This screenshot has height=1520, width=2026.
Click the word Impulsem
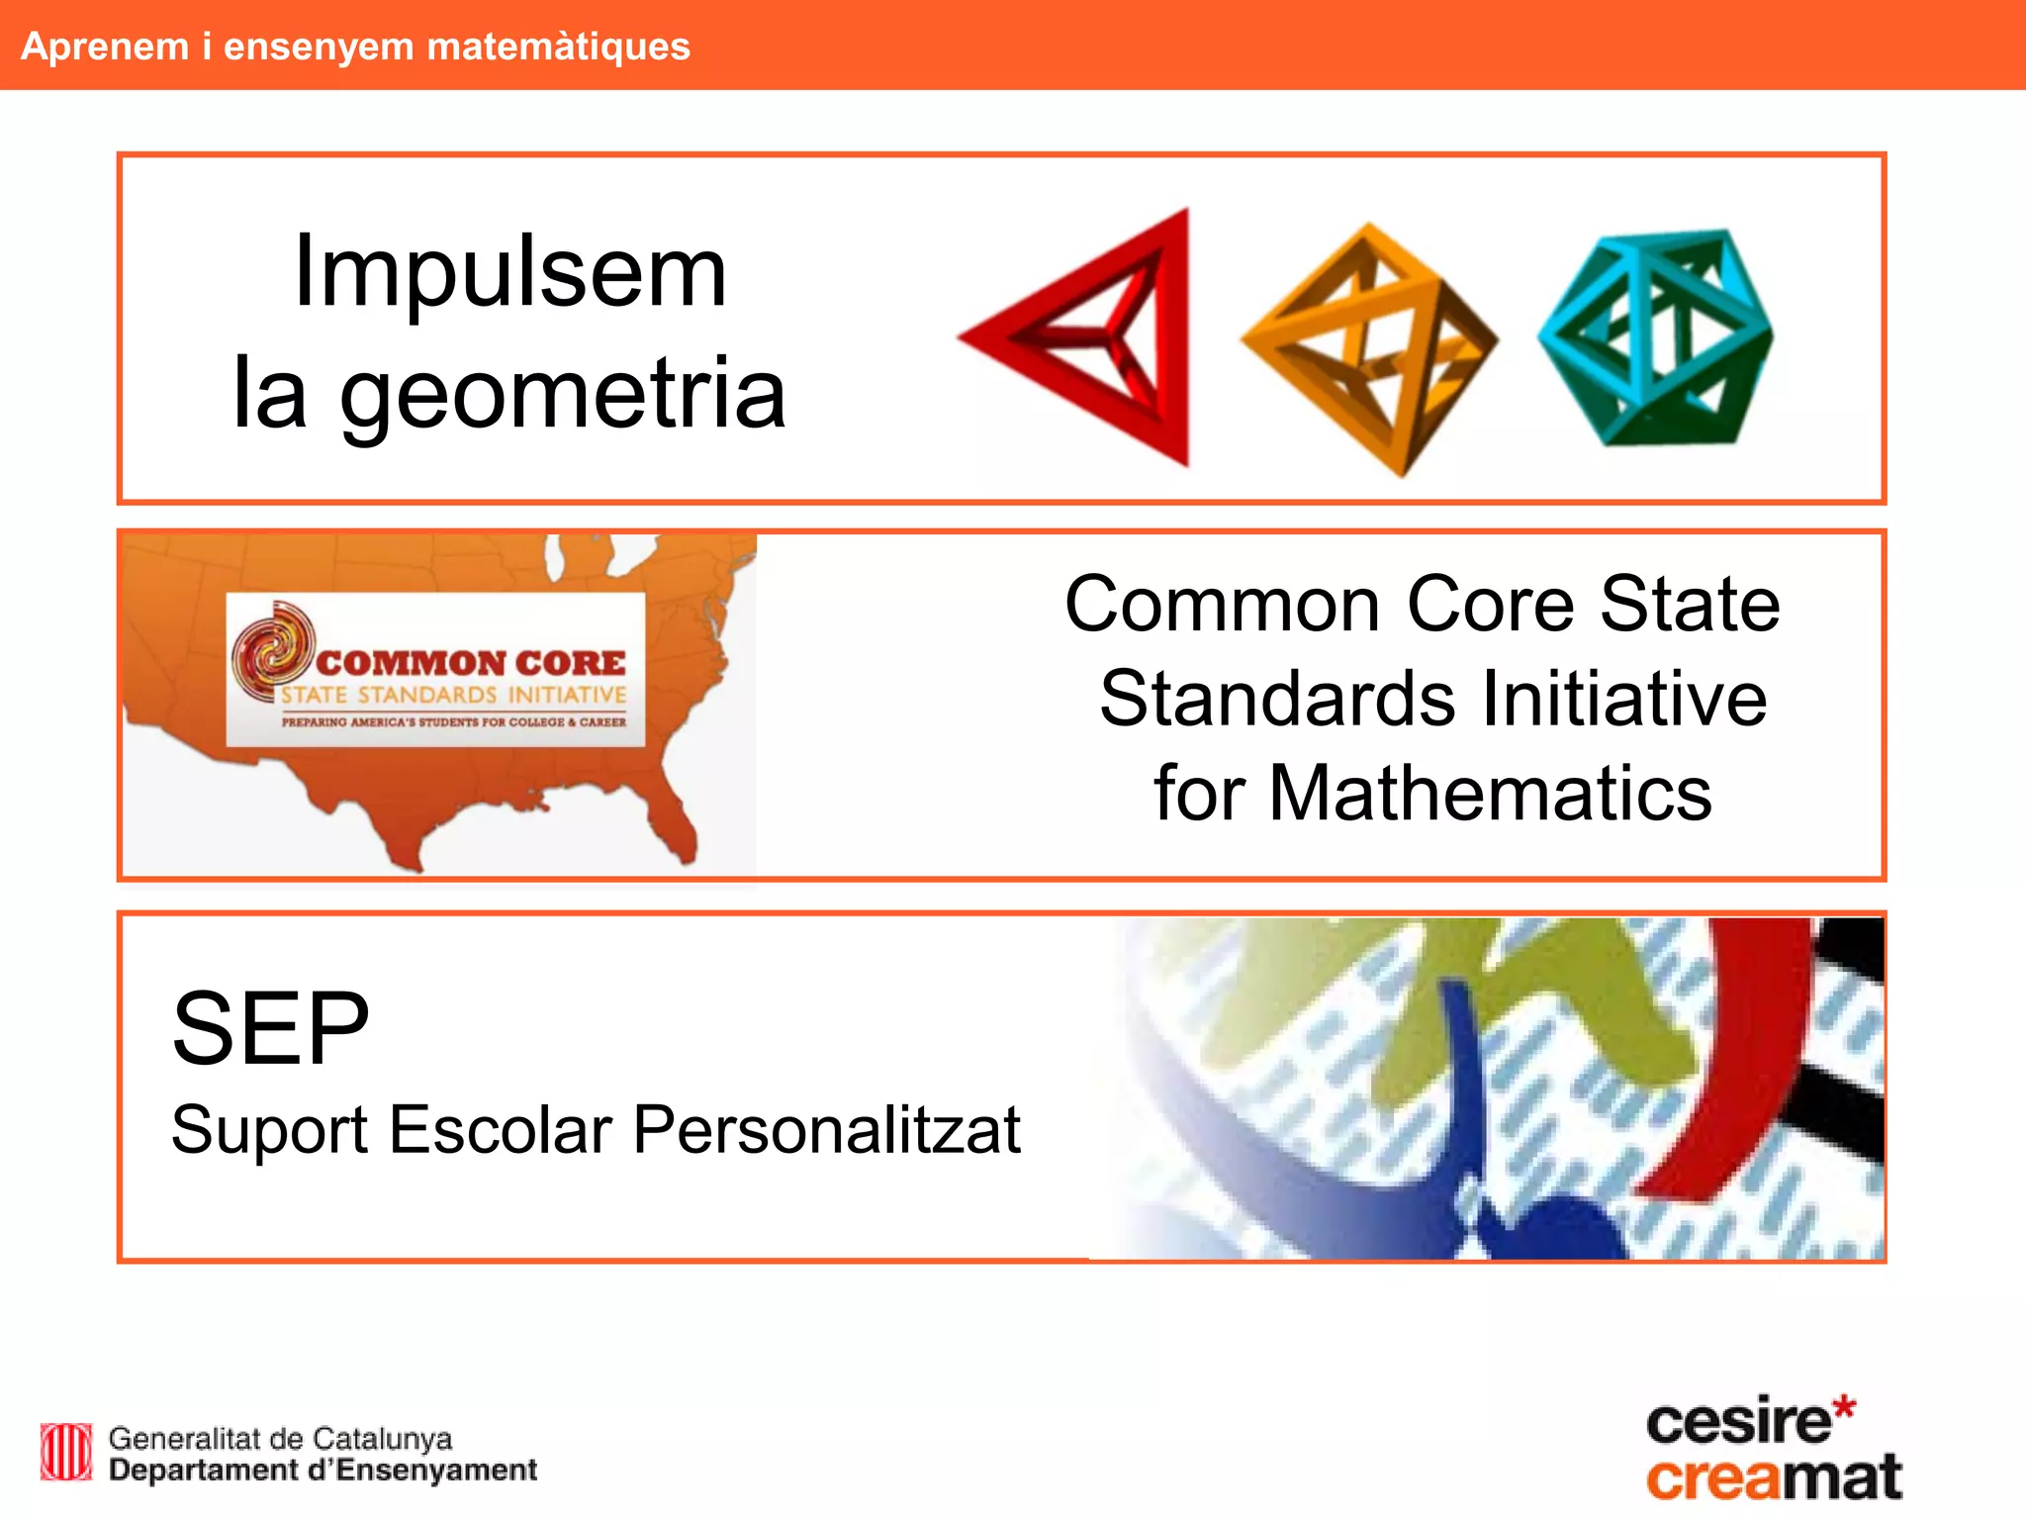coord(510,272)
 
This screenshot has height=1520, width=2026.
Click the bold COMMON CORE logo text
coord(471,662)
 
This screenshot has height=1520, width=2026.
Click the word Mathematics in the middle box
coord(1490,794)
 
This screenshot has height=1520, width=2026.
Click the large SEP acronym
coord(271,1029)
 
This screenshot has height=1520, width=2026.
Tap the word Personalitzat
coord(827,1130)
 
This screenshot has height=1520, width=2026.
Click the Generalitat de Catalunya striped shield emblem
coord(66,1452)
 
